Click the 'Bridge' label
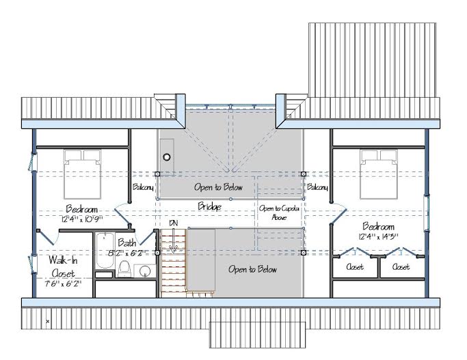click(209, 206)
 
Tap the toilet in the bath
click(124, 268)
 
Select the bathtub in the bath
click(105, 251)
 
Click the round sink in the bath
click(145, 271)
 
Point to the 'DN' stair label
click(173, 223)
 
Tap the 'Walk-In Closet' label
click(63, 266)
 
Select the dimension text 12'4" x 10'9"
click(82, 219)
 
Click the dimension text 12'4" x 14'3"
click(379, 237)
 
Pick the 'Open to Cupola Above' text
click(279, 212)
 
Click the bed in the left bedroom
click(82, 174)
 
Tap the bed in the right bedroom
click(379, 174)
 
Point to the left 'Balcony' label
click(144, 187)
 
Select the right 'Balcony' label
click(317, 187)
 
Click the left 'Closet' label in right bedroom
click(355, 267)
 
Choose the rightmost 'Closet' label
click(401, 267)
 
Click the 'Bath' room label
click(127, 243)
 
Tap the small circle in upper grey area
click(167, 157)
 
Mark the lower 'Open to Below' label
click(252, 270)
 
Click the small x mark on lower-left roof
click(48, 321)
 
